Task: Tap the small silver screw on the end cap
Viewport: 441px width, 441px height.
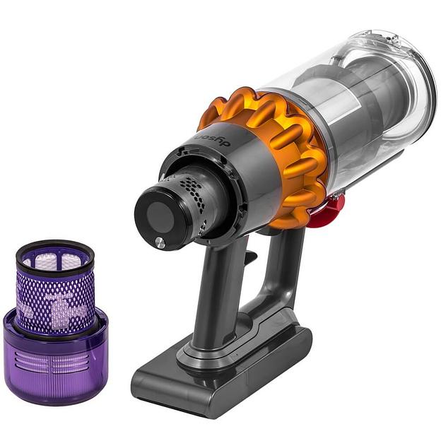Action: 160,242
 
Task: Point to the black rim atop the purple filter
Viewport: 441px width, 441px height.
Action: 55,247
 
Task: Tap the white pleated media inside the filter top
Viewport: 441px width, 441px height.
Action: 55,261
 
